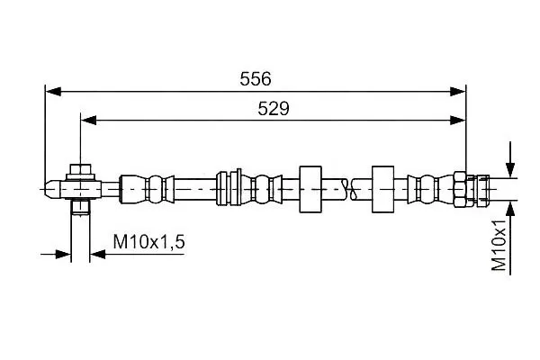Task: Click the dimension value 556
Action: click(256, 79)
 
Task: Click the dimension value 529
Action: click(274, 109)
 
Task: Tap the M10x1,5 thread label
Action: click(148, 241)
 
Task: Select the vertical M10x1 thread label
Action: click(499, 245)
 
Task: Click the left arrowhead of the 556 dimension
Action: click(53, 92)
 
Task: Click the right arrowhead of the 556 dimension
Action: click(458, 92)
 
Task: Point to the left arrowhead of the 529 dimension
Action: click(88, 121)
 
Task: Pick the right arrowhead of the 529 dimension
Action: click(458, 121)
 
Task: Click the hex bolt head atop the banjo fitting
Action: click(81, 172)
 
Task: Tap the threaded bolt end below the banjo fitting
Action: click(81, 207)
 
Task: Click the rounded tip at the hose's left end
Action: click(53, 189)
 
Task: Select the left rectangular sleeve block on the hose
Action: click(310, 189)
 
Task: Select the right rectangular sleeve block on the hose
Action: click(382, 189)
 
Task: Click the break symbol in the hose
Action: click(350, 189)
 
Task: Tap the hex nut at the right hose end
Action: click(460, 189)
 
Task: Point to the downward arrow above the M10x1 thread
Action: click(510, 159)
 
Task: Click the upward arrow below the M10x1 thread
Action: click(510, 238)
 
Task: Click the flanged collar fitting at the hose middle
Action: click(229, 188)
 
